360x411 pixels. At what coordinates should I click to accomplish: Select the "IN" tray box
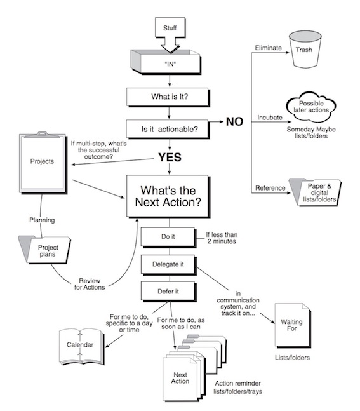pyautogui.click(x=166, y=62)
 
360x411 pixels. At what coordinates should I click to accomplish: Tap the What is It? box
pyautogui.click(x=168, y=97)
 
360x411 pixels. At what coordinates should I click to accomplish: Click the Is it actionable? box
pyautogui.click(x=168, y=129)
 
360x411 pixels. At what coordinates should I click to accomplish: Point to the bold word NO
pyautogui.click(x=234, y=121)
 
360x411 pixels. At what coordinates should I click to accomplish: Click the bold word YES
pyautogui.click(x=170, y=158)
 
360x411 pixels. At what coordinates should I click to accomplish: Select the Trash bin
pyautogui.click(x=305, y=50)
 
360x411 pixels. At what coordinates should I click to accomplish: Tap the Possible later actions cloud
pyautogui.click(x=311, y=107)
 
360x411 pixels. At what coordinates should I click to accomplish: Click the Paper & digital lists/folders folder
pyautogui.click(x=315, y=192)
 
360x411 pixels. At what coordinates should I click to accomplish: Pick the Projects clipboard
pyautogui.click(x=43, y=163)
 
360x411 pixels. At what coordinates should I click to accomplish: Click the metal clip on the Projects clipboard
pyautogui.click(x=42, y=135)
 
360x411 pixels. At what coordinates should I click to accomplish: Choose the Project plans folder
pyautogui.click(x=44, y=250)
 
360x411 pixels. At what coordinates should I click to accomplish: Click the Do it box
pyautogui.click(x=168, y=237)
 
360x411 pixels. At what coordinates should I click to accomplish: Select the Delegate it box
pyautogui.click(x=168, y=264)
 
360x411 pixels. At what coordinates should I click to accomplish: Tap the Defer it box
pyautogui.click(x=168, y=292)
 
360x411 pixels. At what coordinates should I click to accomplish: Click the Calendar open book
pyautogui.click(x=81, y=346)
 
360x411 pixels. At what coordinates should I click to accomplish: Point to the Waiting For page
pyautogui.click(x=293, y=325)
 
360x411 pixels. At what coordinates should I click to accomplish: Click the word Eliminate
pyautogui.click(x=269, y=48)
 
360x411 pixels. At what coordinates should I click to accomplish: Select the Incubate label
pyautogui.click(x=270, y=118)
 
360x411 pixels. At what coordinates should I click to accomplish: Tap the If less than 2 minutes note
pyautogui.click(x=222, y=238)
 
